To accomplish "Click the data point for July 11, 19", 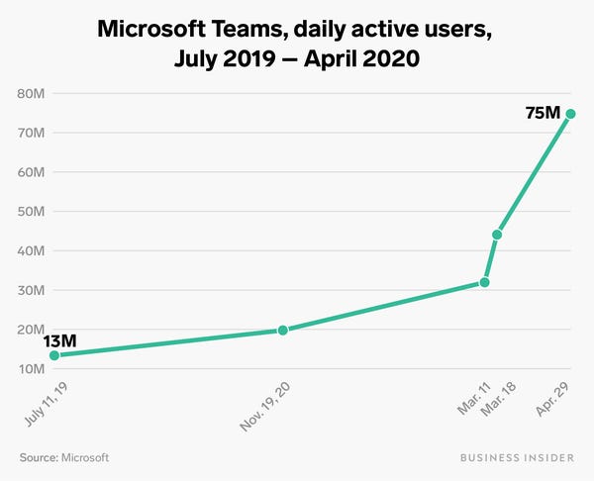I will (x=53, y=355).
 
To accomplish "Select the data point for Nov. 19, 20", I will (x=283, y=330).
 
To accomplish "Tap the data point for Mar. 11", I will (x=484, y=282).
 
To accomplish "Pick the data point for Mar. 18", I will (x=497, y=235).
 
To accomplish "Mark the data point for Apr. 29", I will (x=571, y=114).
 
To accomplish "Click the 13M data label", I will (x=59, y=341).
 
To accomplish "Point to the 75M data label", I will (x=543, y=114).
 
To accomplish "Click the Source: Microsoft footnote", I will (x=63, y=457).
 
